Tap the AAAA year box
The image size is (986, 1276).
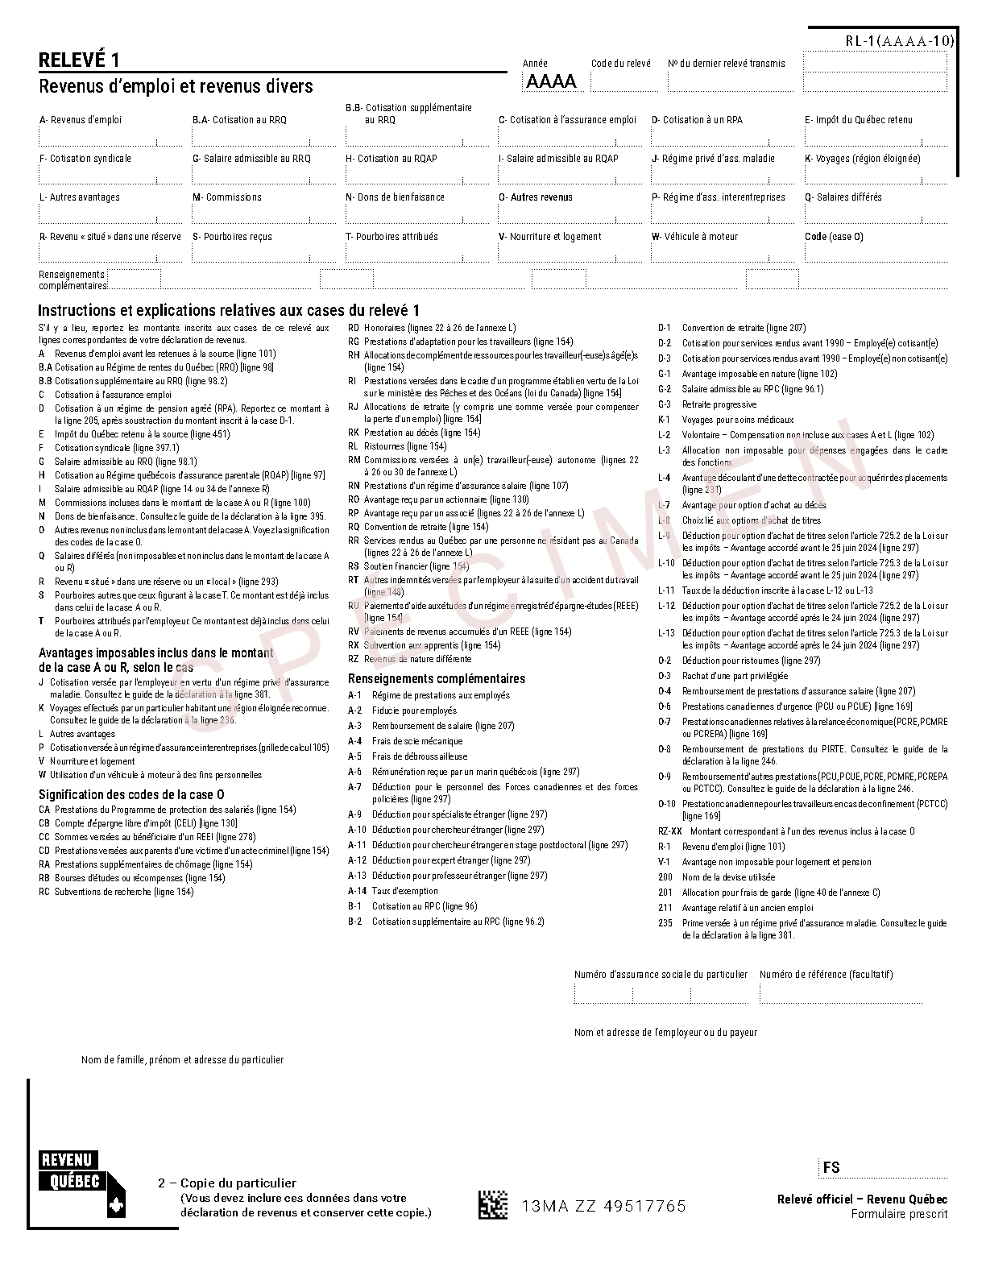[552, 81]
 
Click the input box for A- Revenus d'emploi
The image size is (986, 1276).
[110, 138]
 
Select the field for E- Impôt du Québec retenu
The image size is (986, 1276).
[875, 138]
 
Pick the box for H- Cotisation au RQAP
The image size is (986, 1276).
[416, 176]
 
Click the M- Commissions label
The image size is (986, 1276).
[226, 197]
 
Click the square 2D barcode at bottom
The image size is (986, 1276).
[493, 1205]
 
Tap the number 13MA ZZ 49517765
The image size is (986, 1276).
[604, 1206]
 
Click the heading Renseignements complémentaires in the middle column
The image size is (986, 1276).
[436, 678]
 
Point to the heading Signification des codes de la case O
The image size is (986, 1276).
[131, 794]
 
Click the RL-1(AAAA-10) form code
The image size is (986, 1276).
[899, 41]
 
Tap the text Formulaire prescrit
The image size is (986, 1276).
[899, 1214]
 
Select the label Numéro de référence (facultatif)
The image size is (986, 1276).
[826, 975]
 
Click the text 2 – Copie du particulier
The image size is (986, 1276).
[227, 1183]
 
